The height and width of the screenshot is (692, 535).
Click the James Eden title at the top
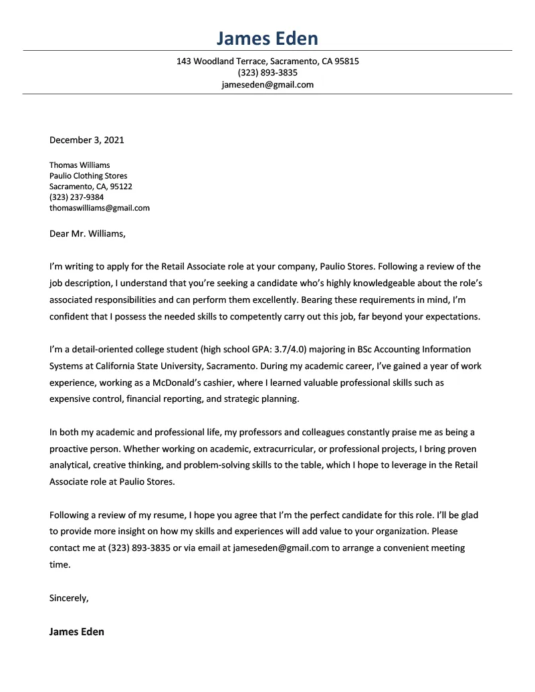pos(267,37)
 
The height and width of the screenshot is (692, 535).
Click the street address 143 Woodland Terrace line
pos(267,61)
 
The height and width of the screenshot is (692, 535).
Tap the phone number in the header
pos(267,73)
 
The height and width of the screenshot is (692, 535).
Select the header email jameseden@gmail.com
pos(267,85)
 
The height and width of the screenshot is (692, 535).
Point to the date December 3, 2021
pos(86,140)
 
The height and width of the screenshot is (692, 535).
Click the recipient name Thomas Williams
pos(80,165)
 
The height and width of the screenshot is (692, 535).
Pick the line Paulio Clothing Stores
pos(88,176)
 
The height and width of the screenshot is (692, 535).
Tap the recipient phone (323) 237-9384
pos(76,197)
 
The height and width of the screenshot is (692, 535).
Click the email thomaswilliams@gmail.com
pos(100,208)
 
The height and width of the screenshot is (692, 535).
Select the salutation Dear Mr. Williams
pos(87,234)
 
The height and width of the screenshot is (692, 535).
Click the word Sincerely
pos(69,598)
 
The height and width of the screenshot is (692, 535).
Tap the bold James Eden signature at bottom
pos(76,631)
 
